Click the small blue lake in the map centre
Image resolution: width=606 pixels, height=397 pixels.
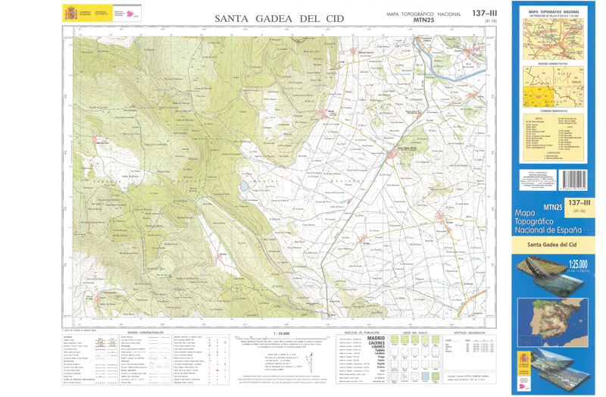[x=245, y=184]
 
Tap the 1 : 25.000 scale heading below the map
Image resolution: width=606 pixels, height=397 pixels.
[x=280, y=332]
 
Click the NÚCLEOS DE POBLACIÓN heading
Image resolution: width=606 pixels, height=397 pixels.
[x=360, y=332]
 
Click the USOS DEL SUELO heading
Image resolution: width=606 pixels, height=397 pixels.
[x=416, y=332]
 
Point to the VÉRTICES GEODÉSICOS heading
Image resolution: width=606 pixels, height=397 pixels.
[x=470, y=332]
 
